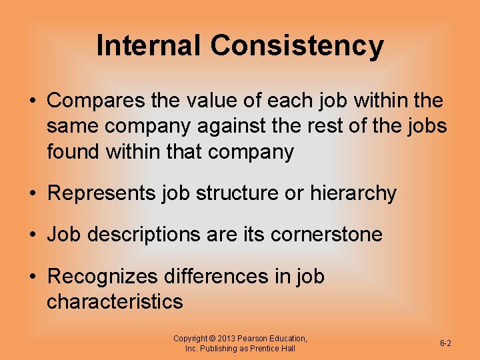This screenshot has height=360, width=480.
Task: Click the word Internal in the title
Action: pyautogui.click(x=148, y=46)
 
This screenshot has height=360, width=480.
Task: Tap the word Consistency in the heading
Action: pyautogui.click(x=297, y=46)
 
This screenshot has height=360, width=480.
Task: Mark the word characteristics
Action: pyautogui.click(x=115, y=301)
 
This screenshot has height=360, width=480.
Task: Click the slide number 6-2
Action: pyautogui.click(x=445, y=343)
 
